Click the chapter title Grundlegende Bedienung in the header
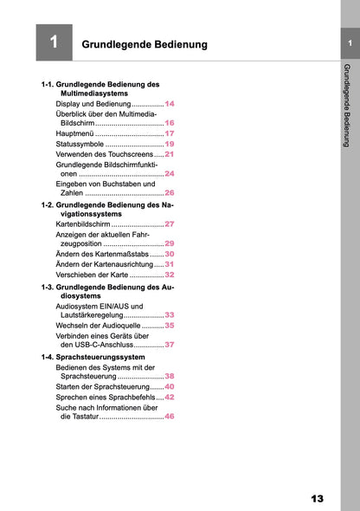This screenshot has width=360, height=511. click(144, 43)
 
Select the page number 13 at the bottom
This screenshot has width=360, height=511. click(317, 498)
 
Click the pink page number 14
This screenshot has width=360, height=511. click(170, 103)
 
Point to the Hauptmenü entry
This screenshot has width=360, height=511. click(75, 133)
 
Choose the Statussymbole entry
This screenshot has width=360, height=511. click(80, 144)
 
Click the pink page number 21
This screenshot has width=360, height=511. click(170, 154)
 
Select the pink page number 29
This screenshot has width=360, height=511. click(170, 244)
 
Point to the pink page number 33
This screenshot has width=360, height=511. click(170, 315)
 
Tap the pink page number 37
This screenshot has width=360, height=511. click(170, 345)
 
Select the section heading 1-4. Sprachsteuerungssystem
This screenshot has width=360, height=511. click(93, 357)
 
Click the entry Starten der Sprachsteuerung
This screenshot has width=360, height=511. click(102, 386)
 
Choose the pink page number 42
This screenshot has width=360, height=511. click(170, 397)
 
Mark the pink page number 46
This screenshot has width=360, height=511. click(170, 417)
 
